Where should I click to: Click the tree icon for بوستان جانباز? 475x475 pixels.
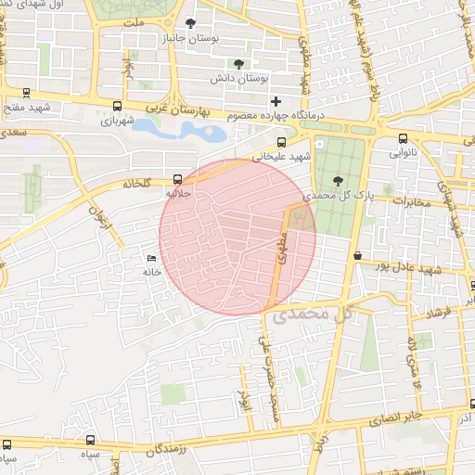click(x=191, y=23)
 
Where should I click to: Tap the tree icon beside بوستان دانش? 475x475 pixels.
click(x=240, y=64)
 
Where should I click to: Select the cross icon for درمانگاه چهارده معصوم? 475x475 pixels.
click(x=276, y=100)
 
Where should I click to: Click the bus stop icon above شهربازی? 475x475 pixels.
click(x=117, y=106)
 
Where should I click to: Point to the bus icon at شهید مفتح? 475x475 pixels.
click(x=25, y=93)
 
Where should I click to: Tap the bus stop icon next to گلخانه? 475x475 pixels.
click(x=177, y=180)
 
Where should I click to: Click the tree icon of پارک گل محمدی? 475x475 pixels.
click(x=336, y=181)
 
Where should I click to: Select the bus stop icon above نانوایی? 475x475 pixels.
click(x=402, y=138)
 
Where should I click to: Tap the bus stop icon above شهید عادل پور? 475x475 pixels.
click(x=357, y=253)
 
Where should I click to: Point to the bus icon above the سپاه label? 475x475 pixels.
click(x=90, y=441)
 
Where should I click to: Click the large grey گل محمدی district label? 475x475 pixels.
click(x=312, y=315)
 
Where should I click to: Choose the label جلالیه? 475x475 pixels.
click(x=177, y=194)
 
